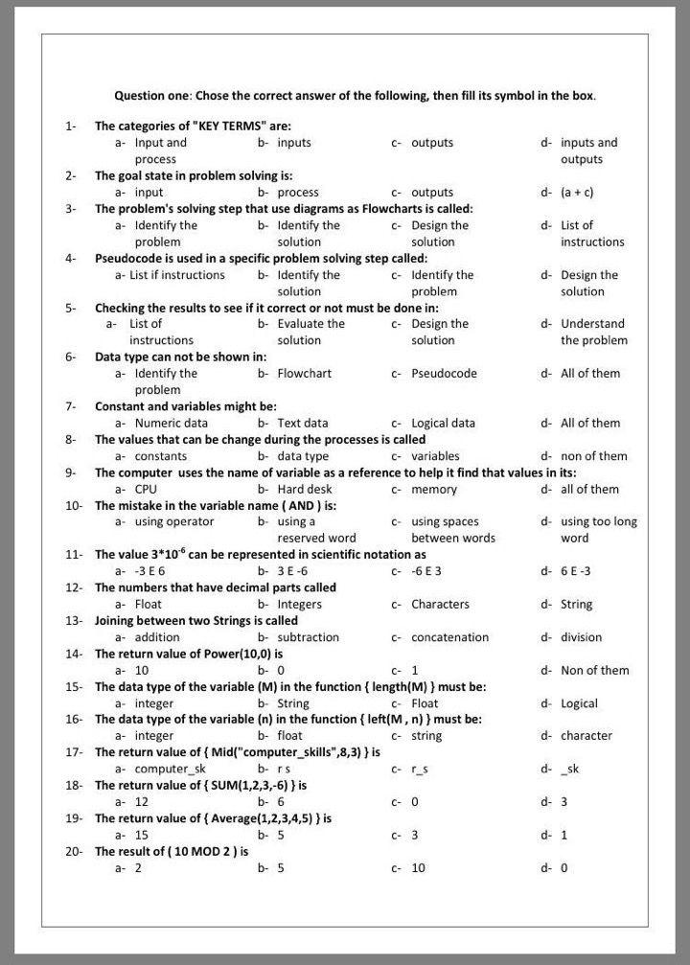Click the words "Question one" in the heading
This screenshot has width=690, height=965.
[x=152, y=96]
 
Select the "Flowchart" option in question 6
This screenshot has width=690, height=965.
[x=304, y=374]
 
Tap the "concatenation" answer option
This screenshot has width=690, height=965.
[x=449, y=637]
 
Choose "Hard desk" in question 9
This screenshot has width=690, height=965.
[x=305, y=490]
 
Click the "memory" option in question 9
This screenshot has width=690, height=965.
[x=434, y=490]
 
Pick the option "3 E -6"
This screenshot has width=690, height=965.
[x=292, y=571]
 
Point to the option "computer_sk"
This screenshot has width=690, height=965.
[x=170, y=770]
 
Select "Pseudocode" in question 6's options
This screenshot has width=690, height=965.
[x=444, y=374]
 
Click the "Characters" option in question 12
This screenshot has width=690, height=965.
[x=440, y=605]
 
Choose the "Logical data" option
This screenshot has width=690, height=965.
[x=443, y=424]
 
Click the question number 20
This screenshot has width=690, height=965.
[x=74, y=851]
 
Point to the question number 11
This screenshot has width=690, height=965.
[x=74, y=555]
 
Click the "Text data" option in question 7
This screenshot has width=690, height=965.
[x=302, y=424]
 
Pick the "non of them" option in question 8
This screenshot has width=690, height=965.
[x=594, y=456]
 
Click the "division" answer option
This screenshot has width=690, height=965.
[x=581, y=637]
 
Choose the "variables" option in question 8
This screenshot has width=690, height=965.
[x=435, y=456]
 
